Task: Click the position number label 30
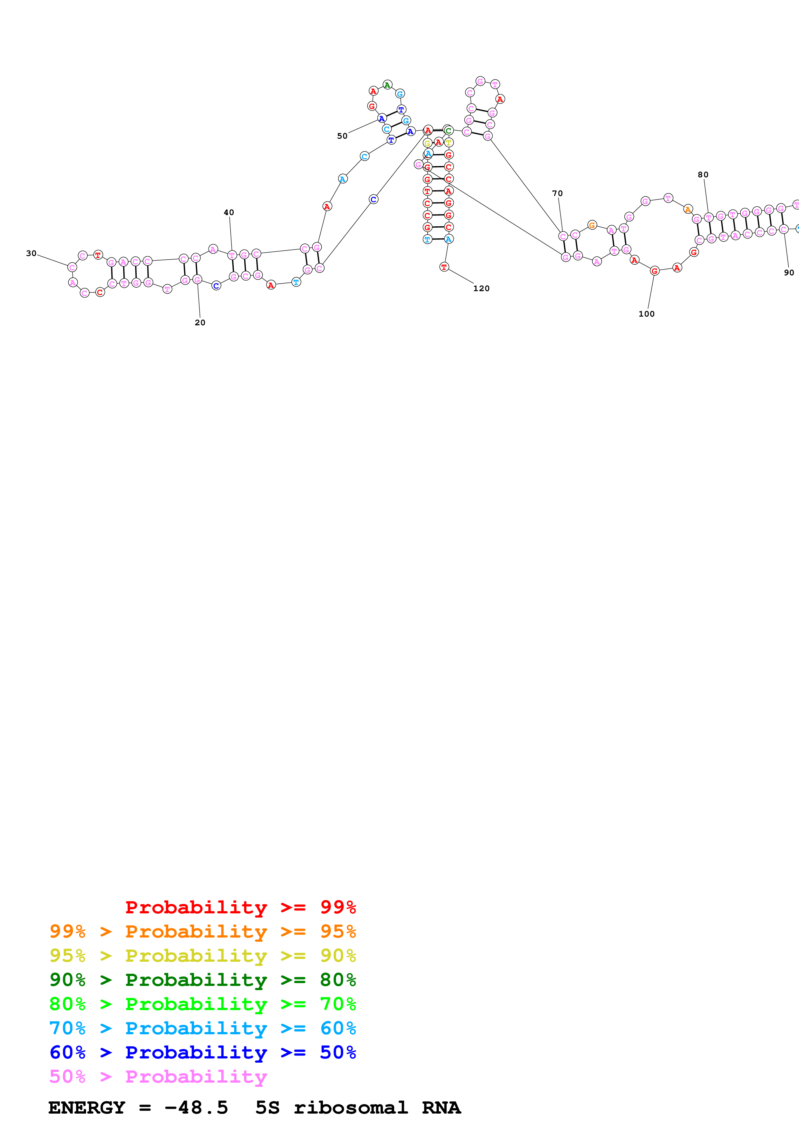coord(31,253)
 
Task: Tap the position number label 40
coord(229,212)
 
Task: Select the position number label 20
coord(200,323)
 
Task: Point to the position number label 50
coord(342,136)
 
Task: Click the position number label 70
coord(557,193)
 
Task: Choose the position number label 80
coord(703,174)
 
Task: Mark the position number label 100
coord(647,314)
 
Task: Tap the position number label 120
coord(482,288)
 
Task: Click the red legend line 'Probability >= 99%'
coord(240,907)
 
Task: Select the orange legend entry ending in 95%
coord(202,931)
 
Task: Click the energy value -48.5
coord(196,1108)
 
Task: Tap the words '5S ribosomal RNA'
coord(358,1108)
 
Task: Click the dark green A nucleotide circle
coord(387,85)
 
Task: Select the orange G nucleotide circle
coord(592,225)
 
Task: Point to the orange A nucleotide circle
coord(688,209)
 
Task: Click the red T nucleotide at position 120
coord(444,267)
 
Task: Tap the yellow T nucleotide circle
coord(448,143)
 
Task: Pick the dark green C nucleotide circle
coord(448,131)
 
